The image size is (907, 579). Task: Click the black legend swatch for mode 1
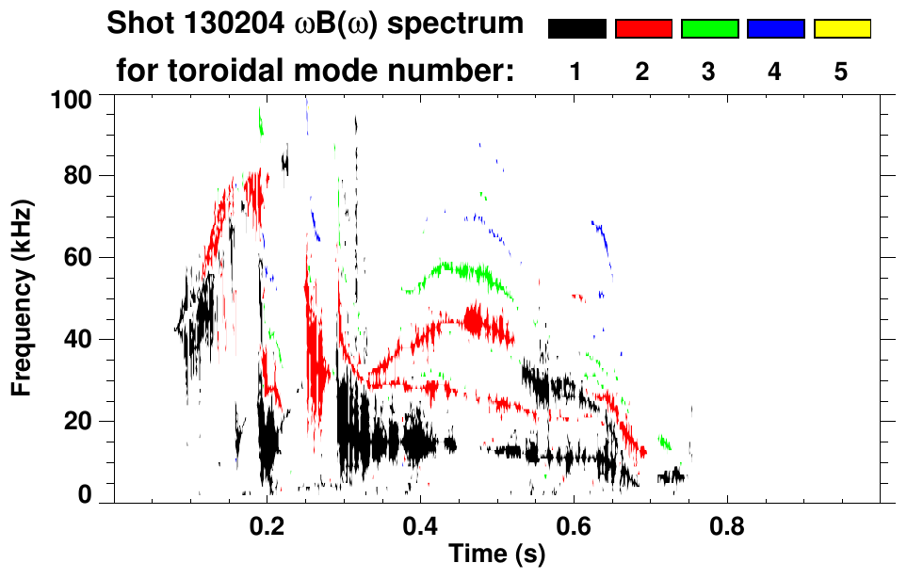[x=576, y=29]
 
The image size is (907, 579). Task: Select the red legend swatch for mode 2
[x=643, y=29]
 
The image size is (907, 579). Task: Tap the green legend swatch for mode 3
[x=709, y=29]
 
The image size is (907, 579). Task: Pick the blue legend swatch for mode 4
[x=775, y=29]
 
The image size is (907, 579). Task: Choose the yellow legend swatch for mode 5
[x=842, y=29]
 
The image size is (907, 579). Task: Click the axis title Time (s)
[x=496, y=555]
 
